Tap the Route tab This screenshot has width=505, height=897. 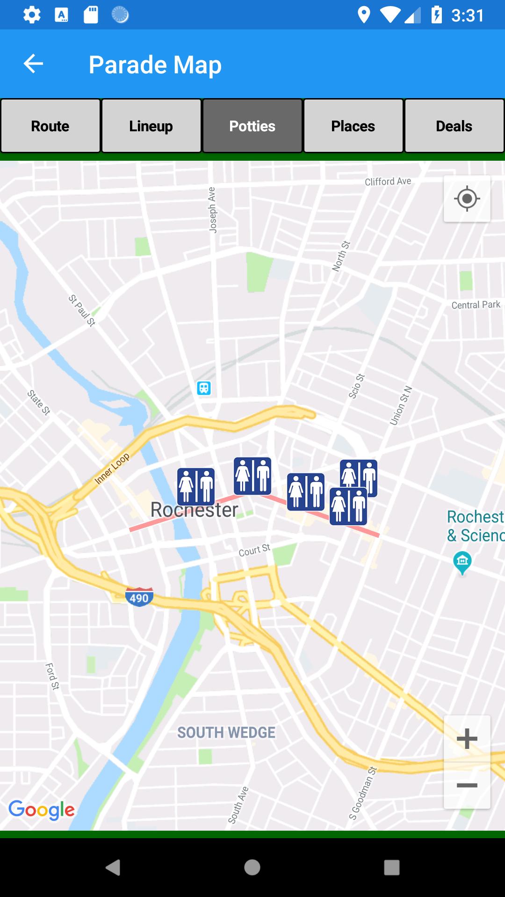click(x=50, y=126)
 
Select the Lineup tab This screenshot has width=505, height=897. click(x=151, y=126)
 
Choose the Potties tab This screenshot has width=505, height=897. click(x=252, y=126)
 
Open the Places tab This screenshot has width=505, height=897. click(x=353, y=126)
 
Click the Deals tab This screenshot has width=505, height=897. click(x=454, y=126)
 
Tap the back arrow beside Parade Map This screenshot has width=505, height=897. click(x=33, y=64)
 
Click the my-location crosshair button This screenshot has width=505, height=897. click(x=467, y=199)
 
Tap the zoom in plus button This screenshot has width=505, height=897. click(x=467, y=739)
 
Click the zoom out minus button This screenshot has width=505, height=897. click(x=467, y=785)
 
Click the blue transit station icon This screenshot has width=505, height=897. click(x=204, y=388)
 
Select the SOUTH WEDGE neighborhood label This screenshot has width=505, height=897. click(x=226, y=733)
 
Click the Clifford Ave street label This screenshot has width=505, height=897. click(x=388, y=181)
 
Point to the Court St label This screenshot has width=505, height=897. click(x=254, y=551)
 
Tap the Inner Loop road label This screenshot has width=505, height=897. click(x=112, y=469)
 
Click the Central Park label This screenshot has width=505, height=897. click(x=476, y=305)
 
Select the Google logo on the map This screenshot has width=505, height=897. click(x=42, y=810)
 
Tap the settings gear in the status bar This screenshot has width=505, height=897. click(x=32, y=15)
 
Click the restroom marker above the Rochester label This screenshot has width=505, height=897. click(x=196, y=486)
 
